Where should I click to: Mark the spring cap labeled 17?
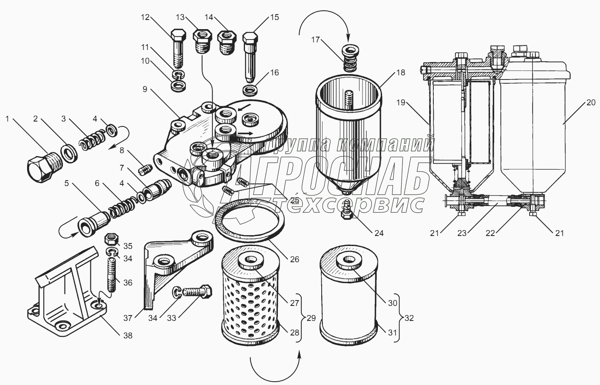(x=348, y=58)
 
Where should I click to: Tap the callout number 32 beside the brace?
(x=409, y=318)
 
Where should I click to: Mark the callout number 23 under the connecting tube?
(x=462, y=233)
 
